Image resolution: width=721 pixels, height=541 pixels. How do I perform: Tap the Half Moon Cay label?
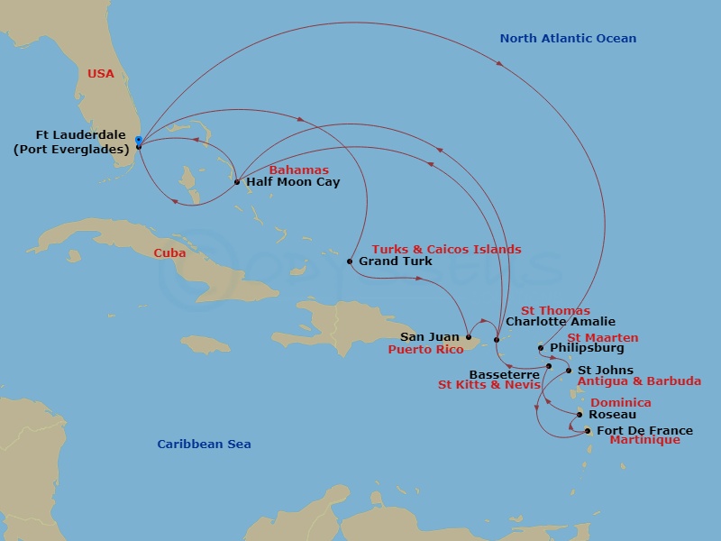[293, 182]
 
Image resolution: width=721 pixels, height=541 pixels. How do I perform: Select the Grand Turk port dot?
[350, 261]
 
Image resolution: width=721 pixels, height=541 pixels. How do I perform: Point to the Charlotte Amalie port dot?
[497, 340]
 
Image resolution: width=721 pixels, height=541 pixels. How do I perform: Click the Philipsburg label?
[587, 348]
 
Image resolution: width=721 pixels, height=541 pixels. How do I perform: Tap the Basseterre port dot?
[548, 366]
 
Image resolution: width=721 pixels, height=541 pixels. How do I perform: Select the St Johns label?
[605, 371]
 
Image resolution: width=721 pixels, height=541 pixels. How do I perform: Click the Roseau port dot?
[580, 415]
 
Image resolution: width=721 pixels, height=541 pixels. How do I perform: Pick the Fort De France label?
[644, 431]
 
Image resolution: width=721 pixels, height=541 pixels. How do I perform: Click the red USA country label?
[101, 74]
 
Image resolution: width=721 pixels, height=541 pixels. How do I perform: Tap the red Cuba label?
[169, 253]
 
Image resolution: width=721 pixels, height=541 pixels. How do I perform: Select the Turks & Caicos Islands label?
[446, 250]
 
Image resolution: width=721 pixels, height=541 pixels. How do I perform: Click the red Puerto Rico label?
[425, 350]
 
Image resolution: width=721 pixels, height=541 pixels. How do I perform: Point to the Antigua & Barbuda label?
[639, 381]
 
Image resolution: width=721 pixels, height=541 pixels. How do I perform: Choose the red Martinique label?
[644, 441]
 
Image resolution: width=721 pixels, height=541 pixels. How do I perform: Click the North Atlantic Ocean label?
[568, 39]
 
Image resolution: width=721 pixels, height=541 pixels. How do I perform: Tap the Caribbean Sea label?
[204, 445]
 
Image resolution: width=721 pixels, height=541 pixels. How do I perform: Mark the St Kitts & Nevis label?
[489, 385]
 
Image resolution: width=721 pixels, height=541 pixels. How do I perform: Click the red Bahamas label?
[298, 170]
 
